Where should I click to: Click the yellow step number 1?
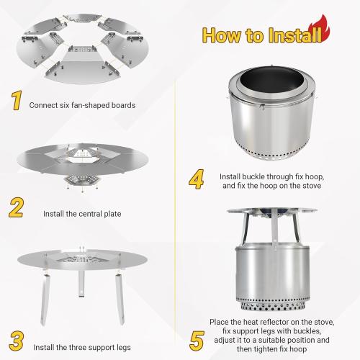click(15, 101)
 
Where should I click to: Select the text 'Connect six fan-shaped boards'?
click(82, 104)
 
